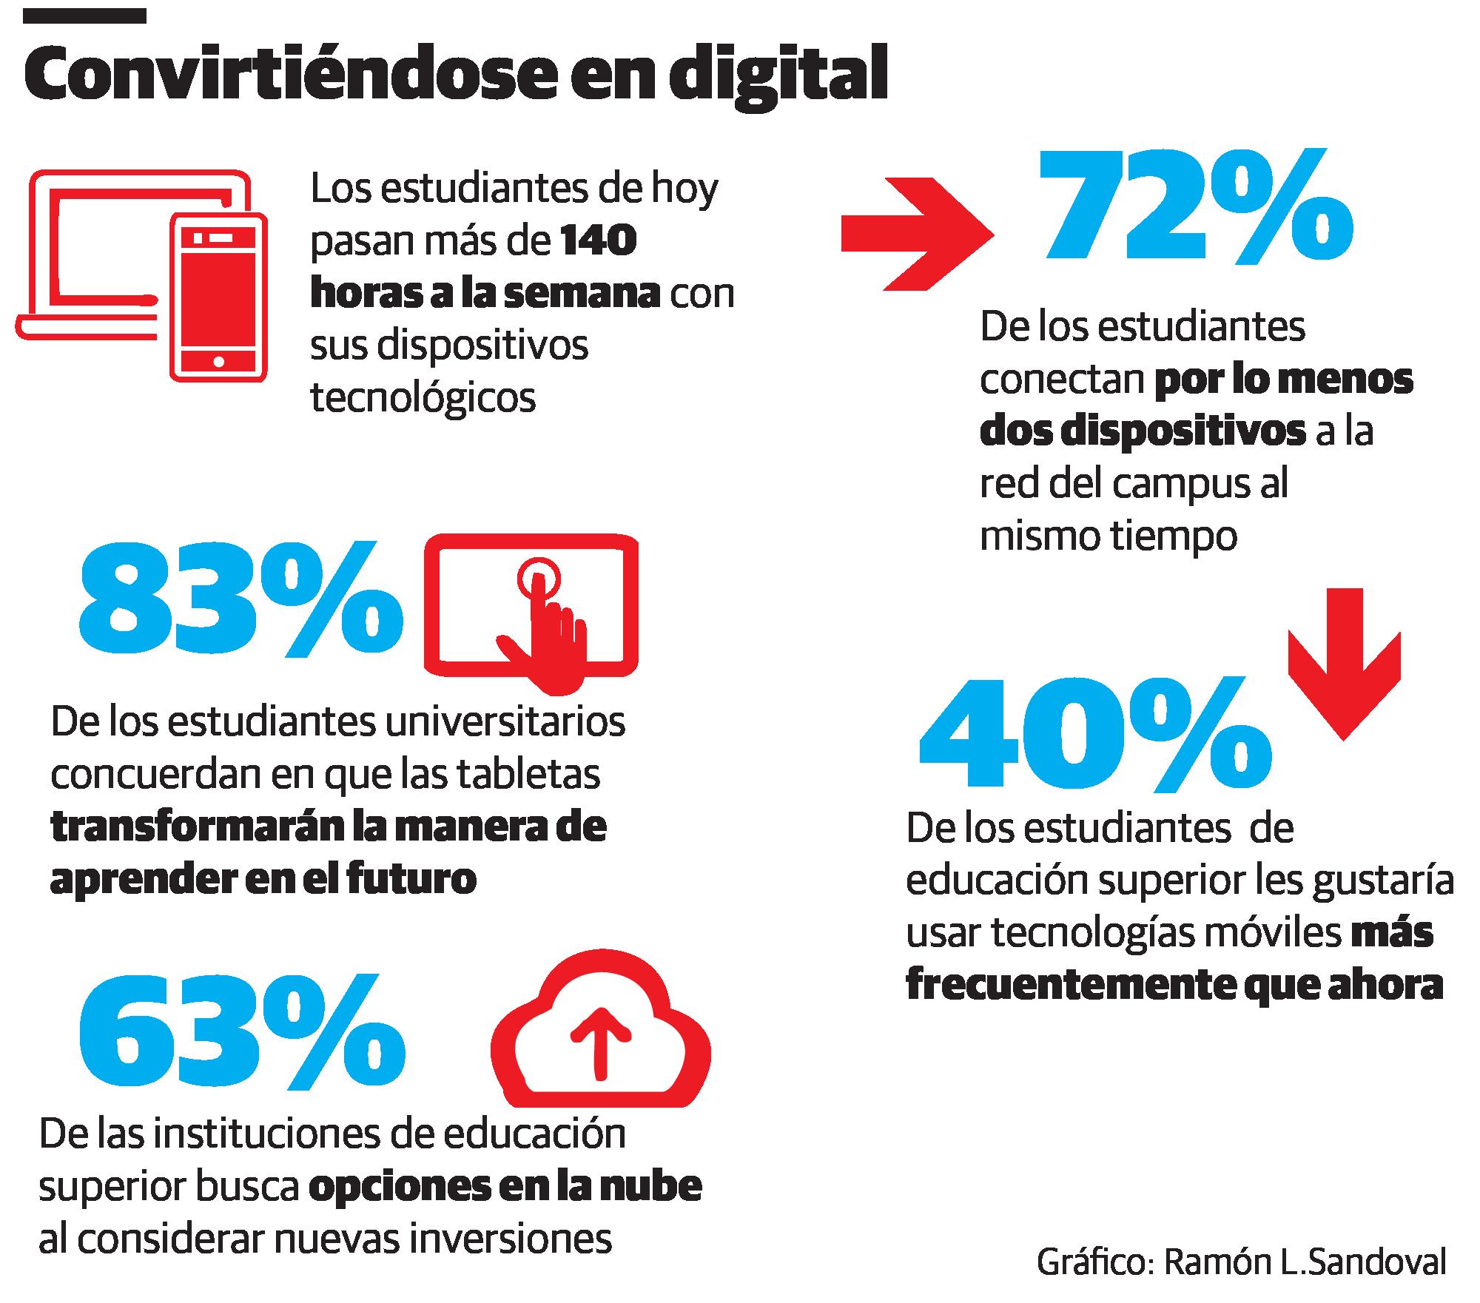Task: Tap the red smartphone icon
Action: click(218, 298)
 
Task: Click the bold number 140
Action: click(599, 241)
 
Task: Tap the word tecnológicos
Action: click(423, 398)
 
